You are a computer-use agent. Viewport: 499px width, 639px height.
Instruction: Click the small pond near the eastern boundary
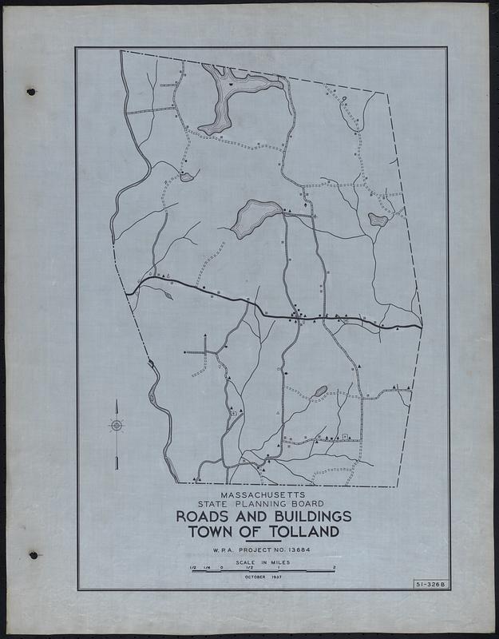[x=378, y=219]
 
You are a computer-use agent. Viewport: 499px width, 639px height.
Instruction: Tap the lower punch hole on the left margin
[x=33, y=554]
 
